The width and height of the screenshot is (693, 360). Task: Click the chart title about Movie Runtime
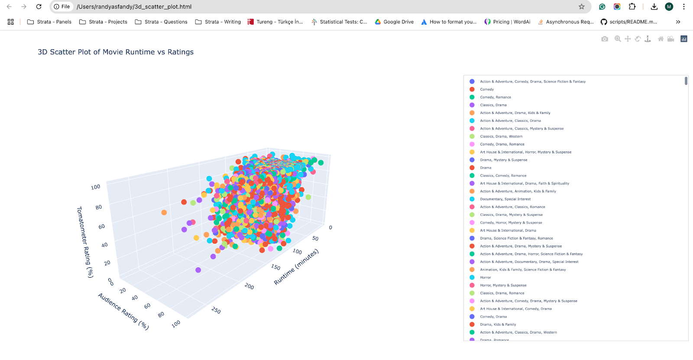[116, 52]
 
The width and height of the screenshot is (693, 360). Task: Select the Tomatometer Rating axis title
[84, 242]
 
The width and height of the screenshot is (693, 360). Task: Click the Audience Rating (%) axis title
[123, 311]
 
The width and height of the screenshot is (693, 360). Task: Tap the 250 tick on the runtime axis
[216, 311]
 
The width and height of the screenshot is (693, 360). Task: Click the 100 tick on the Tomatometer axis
[96, 187]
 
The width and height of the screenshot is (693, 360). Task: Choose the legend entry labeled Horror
[485, 278]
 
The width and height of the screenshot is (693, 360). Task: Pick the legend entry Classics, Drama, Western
[501, 136]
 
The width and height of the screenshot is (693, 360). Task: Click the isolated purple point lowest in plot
[198, 270]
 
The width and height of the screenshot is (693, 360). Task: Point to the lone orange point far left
[164, 212]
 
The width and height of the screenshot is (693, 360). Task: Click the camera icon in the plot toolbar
[605, 39]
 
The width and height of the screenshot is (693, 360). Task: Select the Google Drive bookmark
[394, 22]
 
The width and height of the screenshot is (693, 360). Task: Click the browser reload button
[39, 6]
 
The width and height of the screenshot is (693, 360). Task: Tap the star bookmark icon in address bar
[582, 6]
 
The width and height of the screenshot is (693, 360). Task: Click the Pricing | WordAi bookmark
[507, 22]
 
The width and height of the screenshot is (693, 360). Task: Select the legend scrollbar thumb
[686, 81]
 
